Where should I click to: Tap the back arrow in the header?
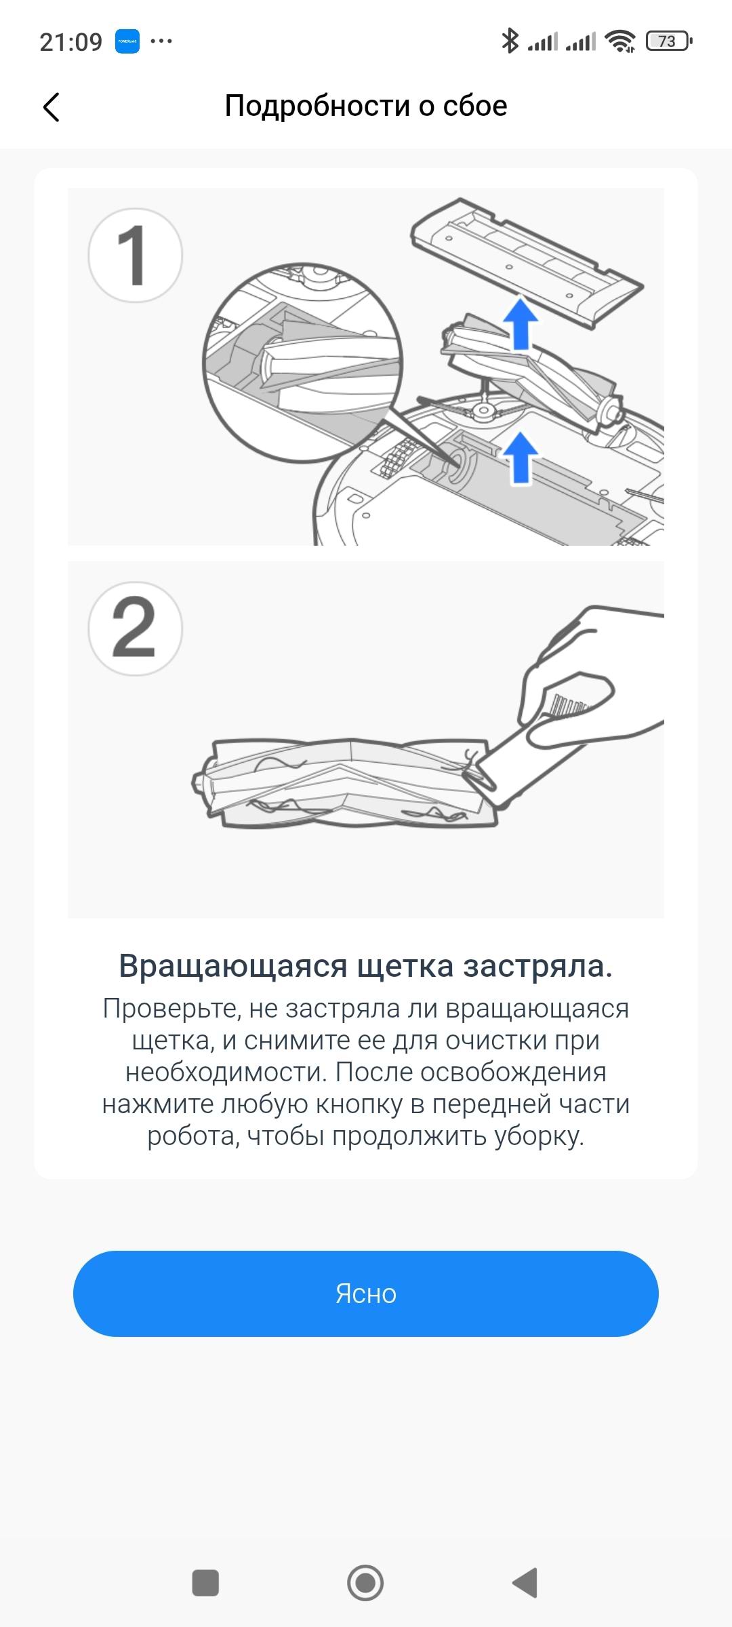tap(52, 107)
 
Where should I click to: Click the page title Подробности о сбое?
tap(366, 106)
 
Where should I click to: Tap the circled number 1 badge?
tap(135, 255)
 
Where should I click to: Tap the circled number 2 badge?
tap(135, 628)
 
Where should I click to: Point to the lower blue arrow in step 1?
tap(520, 458)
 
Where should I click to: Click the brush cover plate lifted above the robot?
tap(527, 263)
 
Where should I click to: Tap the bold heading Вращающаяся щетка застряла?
tap(366, 966)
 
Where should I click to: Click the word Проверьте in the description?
tap(171, 1009)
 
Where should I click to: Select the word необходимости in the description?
tap(226, 1072)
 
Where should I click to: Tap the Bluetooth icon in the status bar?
tap(510, 41)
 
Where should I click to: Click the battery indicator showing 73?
tap(670, 41)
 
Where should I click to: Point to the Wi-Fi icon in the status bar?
tap(620, 41)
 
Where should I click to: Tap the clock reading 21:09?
tap(70, 42)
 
